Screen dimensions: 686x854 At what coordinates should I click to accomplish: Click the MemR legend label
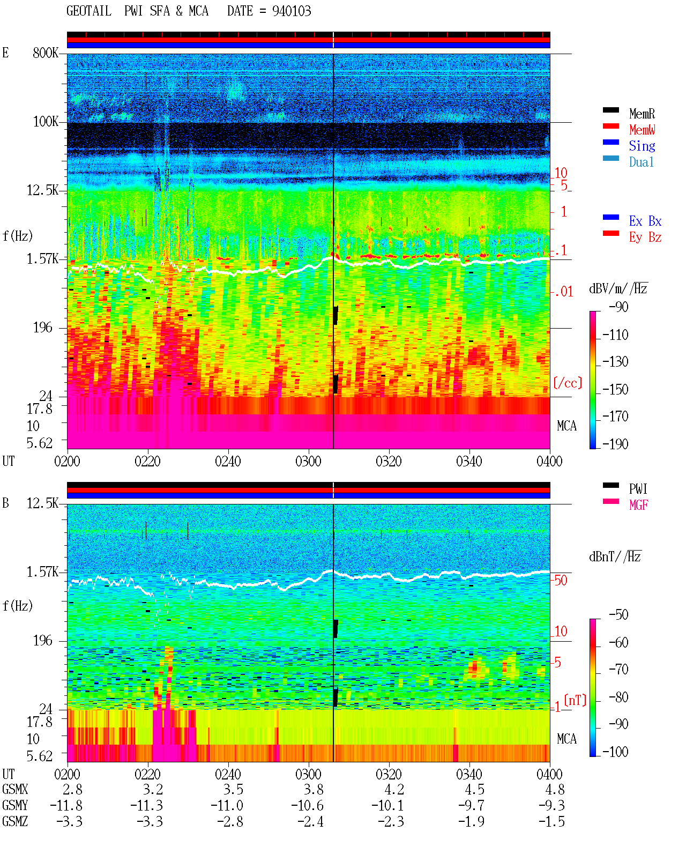pos(642,114)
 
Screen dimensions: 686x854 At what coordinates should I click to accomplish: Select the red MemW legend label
pos(642,130)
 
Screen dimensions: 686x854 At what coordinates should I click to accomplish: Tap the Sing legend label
pos(642,146)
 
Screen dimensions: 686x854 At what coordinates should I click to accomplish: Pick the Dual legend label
pos(641,162)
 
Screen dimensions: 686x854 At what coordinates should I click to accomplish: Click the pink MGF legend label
pos(638,505)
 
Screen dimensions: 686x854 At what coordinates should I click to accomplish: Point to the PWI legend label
pos(638,489)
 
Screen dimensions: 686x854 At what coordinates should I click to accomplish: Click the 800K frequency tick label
pos(46,53)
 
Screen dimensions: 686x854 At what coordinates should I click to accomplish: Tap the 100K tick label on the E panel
pos(46,122)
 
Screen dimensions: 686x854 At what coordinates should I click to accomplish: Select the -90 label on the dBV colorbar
pos(618,307)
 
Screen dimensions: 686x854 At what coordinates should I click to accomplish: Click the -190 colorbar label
pos(615,444)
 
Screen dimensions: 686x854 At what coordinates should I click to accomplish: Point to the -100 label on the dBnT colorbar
pos(615,752)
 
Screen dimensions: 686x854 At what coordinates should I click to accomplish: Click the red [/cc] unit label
pos(568,383)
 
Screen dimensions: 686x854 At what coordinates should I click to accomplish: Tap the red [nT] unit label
pos(575,700)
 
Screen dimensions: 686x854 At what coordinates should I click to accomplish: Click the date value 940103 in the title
pos(292,11)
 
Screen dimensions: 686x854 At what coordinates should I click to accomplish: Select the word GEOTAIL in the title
pos(89,11)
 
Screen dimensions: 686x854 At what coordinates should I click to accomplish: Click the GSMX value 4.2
pos(394,790)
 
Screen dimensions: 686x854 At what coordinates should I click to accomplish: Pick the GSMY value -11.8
pos(66,806)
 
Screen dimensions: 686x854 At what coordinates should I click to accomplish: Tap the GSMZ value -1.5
pos(551,821)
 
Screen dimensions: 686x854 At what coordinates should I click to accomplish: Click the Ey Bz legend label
pos(645,237)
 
